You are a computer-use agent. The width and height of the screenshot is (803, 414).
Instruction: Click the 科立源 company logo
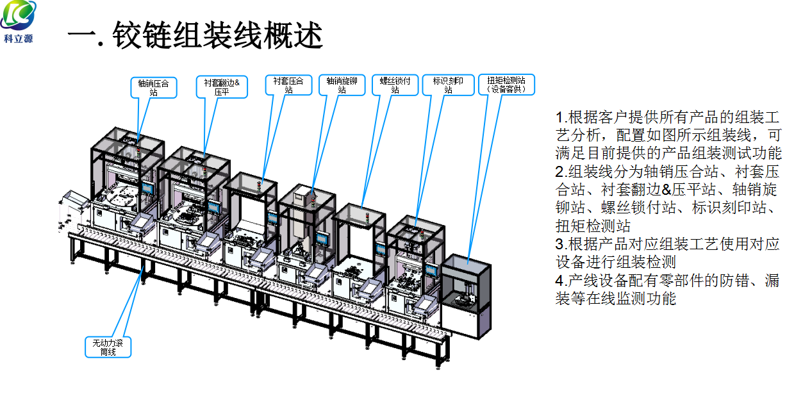click(19, 16)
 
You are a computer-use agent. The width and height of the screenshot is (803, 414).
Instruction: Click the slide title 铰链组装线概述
click(195, 36)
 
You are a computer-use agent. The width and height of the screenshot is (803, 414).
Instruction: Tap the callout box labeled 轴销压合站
click(154, 87)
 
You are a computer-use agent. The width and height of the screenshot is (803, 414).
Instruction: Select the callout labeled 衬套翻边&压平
click(221, 87)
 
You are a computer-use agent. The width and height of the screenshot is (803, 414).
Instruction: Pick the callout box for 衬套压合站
click(288, 85)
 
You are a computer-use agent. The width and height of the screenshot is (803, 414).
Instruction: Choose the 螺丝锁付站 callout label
click(395, 85)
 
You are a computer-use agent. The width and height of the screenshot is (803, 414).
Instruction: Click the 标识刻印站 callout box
click(449, 85)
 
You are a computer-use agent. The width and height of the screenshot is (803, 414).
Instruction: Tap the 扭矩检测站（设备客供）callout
click(506, 85)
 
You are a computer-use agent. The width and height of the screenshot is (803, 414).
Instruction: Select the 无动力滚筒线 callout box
click(108, 347)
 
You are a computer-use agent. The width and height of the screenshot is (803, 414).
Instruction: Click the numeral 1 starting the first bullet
click(559, 118)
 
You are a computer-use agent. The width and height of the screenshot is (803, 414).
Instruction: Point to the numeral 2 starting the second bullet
click(559, 172)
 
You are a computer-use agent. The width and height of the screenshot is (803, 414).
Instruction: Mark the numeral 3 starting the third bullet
click(559, 244)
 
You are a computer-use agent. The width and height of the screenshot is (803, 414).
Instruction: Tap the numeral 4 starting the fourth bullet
click(559, 281)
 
